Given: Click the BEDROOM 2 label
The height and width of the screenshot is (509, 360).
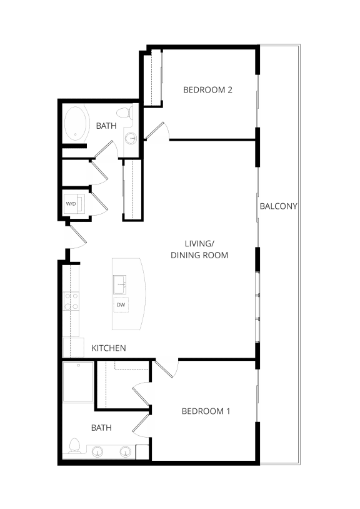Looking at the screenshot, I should click(207, 89).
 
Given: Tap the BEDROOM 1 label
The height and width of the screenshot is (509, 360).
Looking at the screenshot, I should click(206, 411).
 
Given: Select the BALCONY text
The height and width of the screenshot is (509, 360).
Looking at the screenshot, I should click(278, 206).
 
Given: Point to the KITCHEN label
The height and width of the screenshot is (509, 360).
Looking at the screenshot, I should click(109, 348).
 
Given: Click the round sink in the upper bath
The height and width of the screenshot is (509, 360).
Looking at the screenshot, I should click(131, 139).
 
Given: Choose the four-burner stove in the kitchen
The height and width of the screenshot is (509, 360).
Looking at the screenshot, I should click(71, 302).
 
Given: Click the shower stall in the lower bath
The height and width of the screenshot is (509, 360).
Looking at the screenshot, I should click(78, 381).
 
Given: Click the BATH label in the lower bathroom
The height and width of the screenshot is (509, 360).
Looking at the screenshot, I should click(101, 428).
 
